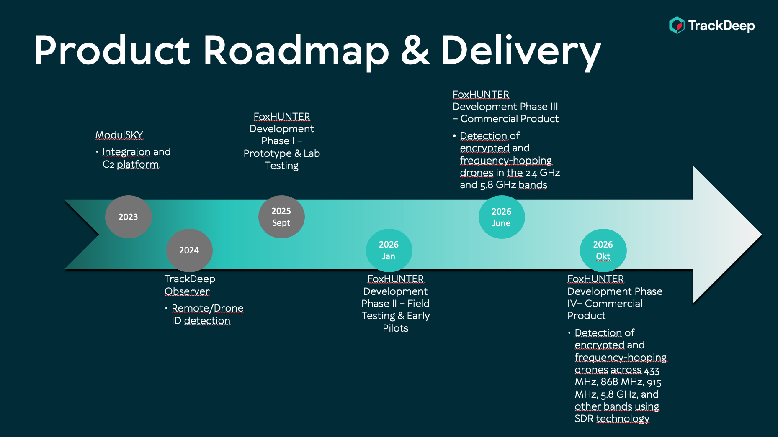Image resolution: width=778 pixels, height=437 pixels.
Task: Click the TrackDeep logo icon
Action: tap(677, 25)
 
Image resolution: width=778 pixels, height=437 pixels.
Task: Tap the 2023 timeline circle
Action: tap(128, 217)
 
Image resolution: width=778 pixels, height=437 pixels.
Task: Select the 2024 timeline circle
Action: tap(189, 250)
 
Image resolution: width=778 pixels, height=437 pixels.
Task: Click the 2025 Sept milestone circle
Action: tap(281, 217)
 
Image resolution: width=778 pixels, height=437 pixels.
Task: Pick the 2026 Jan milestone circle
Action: tap(389, 250)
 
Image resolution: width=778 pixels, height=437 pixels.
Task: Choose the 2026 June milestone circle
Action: tap(501, 217)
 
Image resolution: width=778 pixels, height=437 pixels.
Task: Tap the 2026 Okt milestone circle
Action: tap(603, 250)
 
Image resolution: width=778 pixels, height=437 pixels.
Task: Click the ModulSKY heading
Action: tap(119, 135)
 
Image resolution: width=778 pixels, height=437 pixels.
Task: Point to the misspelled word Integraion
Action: tap(126, 152)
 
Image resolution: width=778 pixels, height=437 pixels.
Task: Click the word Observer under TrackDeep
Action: tap(187, 291)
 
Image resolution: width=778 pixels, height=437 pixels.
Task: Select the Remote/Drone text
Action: tap(207, 308)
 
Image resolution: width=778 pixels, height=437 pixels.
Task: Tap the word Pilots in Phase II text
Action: tap(395, 328)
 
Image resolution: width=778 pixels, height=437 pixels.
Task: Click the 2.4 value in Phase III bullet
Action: tap(531, 173)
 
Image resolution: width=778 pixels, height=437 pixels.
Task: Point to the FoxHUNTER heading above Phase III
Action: tap(481, 95)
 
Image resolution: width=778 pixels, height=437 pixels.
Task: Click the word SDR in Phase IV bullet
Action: tap(584, 419)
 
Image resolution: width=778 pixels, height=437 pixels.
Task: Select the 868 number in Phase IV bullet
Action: tap(609, 382)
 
